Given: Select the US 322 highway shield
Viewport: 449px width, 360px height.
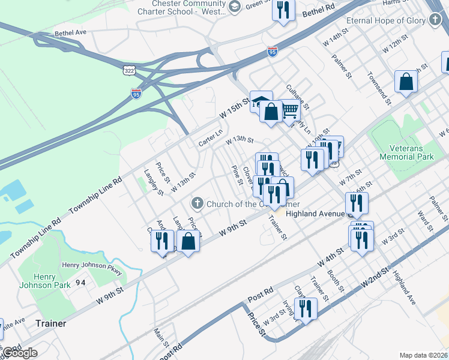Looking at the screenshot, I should [x=128, y=71].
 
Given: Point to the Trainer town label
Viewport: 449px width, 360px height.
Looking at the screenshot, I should [x=50, y=323].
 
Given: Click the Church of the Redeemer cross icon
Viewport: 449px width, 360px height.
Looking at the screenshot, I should [x=197, y=203].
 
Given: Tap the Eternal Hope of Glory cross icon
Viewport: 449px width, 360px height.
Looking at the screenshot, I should [x=435, y=20].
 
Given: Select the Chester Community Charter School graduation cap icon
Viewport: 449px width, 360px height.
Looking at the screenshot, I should [x=235, y=7].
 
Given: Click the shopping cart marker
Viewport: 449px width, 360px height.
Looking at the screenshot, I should [x=290, y=110].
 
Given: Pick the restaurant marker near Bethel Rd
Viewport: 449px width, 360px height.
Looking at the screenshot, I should [x=283, y=11].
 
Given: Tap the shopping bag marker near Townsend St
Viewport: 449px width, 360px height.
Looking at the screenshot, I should [x=406, y=82].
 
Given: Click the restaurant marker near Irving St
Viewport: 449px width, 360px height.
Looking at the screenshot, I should [x=306, y=308].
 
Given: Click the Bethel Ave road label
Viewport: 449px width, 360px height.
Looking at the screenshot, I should [x=71, y=32].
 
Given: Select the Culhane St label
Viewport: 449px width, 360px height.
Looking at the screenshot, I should [x=298, y=97].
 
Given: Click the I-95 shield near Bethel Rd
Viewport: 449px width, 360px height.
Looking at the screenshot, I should [x=273, y=52].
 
